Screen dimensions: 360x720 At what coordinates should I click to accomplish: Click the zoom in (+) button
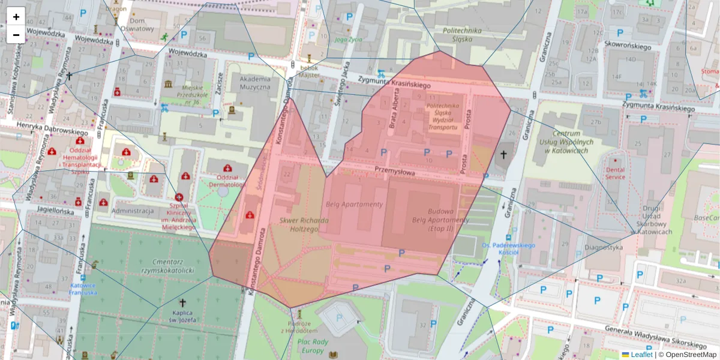click(16, 17)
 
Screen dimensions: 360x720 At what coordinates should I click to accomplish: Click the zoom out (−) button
click(16, 35)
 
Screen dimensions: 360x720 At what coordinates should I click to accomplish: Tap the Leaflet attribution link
click(641, 355)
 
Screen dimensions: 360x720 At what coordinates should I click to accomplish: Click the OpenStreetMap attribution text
click(691, 355)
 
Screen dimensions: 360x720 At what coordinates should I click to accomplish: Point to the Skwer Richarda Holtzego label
click(304, 224)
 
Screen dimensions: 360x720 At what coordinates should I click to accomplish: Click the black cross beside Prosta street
click(503, 155)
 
